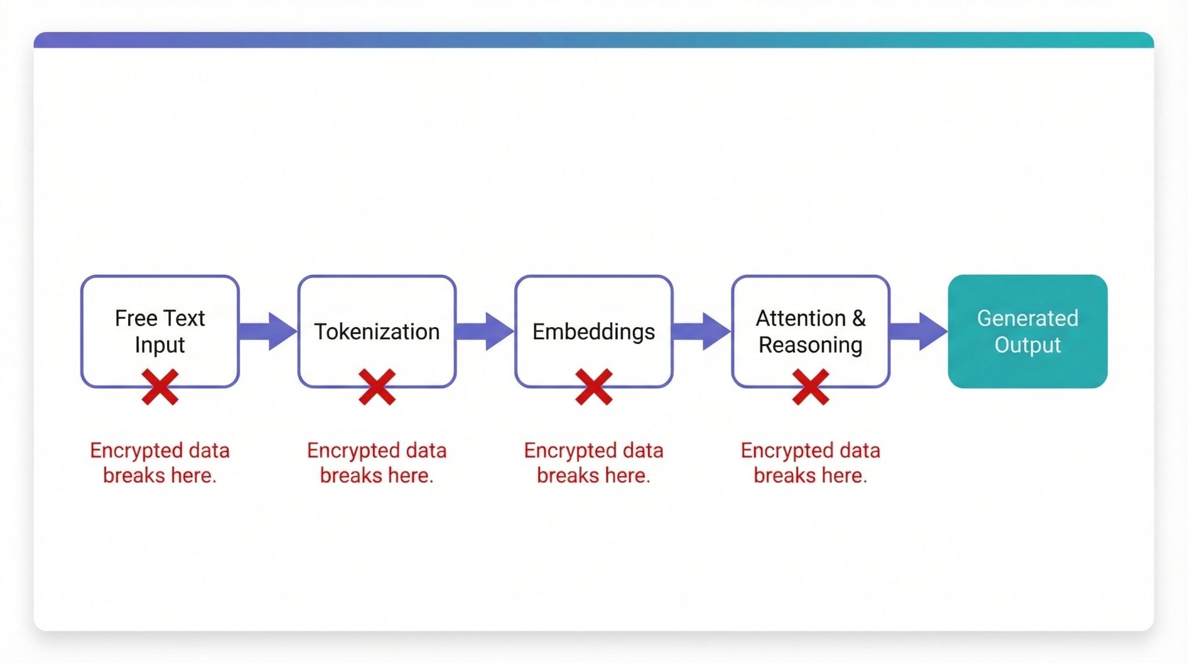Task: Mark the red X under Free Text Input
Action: pyautogui.click(x=160, y=387)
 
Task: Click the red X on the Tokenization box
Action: pyautogui.click(x=377, y=387)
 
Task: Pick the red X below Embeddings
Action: pyautogui.click(x=594, y=387)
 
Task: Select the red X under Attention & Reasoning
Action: pyautogui.click(x=810, y=387)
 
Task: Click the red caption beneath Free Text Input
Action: pyautogui.click(x=160, y=463)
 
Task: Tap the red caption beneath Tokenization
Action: pyautogui.click(x=376, y=463)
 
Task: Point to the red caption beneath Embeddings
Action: pyautogui.click(x=593, y=463)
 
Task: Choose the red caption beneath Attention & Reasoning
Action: pyautogui.click(x=810, y=463)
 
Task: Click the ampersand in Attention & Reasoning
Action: pyautogui.click(x=859, y=318)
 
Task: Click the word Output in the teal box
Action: pyautogui.click(x=1027, y=345)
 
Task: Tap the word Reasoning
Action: pyautogui.click(x=810, y=345)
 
